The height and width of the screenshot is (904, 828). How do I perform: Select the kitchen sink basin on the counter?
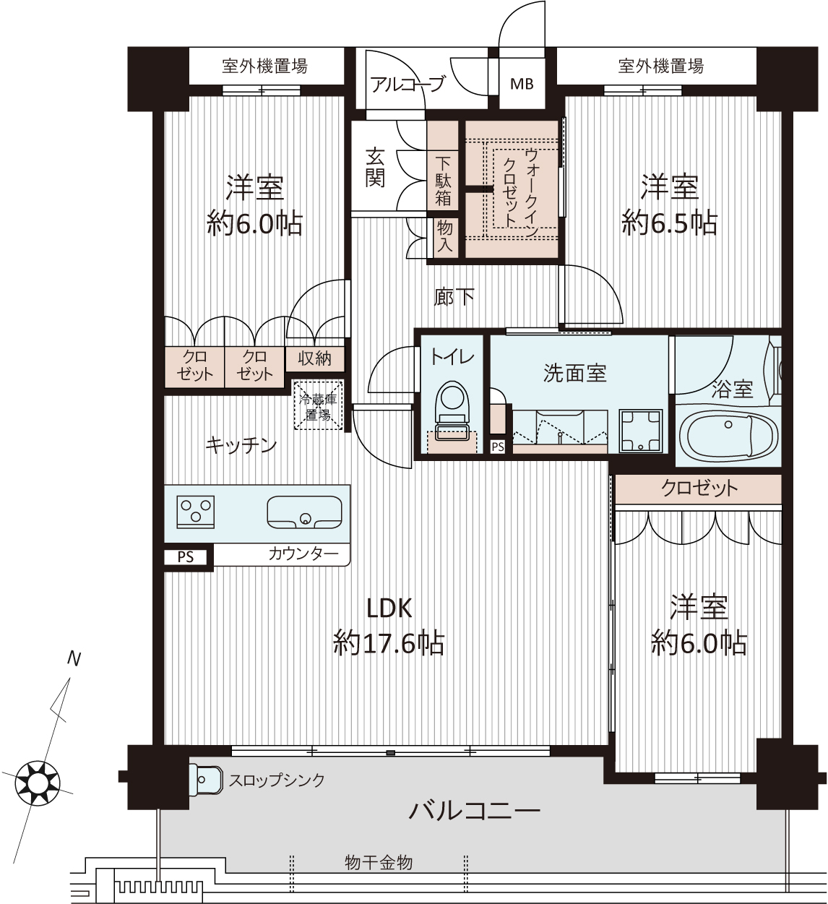point(304,512)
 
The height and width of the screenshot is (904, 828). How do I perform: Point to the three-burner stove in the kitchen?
point(196,512)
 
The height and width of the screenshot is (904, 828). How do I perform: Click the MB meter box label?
point(522,84)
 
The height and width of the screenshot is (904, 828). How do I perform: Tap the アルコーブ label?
point(407,84)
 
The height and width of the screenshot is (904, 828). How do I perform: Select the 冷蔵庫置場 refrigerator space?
point(318,405)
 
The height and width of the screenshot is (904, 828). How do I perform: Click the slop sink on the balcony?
point(205,779)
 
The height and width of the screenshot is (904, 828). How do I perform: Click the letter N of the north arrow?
point(74,659)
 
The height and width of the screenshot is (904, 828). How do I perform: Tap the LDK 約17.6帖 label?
point(389,626)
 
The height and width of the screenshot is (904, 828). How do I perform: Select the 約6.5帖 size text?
point(669,222)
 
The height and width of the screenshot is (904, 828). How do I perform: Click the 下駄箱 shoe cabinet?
point(443,181)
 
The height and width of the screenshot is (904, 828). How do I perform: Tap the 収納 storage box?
point(314,358)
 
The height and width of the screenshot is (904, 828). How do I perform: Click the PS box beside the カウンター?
point(185,557)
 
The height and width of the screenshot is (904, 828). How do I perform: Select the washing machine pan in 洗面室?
point(640,431)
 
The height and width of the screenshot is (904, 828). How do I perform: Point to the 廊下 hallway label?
point(454,296)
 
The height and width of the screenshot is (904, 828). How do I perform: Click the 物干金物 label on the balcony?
point(379,863)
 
